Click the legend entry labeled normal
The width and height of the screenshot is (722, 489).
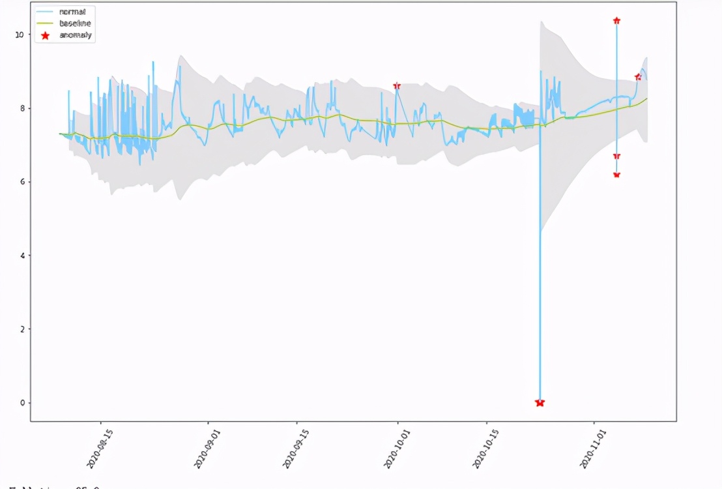[72, 12]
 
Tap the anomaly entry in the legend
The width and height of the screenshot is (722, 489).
[75, 35]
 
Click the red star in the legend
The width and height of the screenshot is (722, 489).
[45, 35]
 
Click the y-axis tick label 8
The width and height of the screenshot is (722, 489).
[22, 108]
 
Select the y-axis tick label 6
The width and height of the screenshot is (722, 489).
[22, 182]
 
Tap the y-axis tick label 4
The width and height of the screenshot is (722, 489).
[22, 256]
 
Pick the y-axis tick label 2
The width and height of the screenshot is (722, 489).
[22, 329]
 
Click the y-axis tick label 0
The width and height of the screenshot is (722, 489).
[22, 403]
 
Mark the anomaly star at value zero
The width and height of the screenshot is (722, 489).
[540, 403]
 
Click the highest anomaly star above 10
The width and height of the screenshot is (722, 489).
[616, 21]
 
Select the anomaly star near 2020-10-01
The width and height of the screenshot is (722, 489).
[397, 86]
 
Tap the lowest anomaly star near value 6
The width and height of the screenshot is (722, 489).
[616, 175]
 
